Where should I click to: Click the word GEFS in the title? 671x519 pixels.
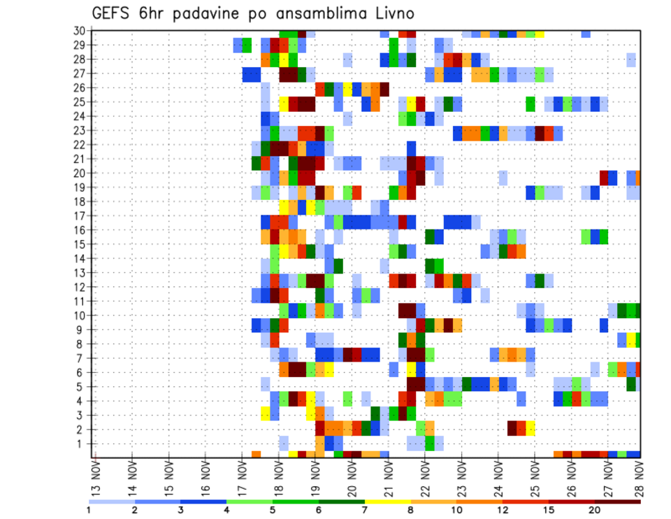pyautogui.click(x=113, y=13)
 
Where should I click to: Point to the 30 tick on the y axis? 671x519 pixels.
pyautogui.click(x=79, y=31)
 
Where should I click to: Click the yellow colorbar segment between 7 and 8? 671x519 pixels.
pyautogui.click(x=388, y=502)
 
